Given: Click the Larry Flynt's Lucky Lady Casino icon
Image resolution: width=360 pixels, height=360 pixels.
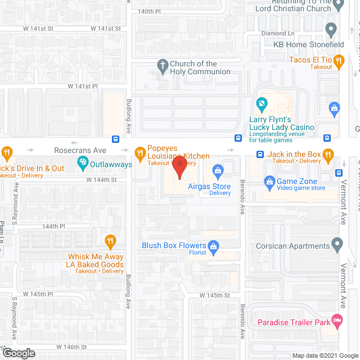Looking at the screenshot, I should tap(261, 104).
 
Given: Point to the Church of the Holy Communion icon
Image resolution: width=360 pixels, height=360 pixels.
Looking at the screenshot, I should tap(163, 65).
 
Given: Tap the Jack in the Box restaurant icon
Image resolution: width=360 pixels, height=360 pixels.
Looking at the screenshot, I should tap(329, 154).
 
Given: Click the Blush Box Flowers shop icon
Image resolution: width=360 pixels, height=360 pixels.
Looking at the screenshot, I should tap(213, 245).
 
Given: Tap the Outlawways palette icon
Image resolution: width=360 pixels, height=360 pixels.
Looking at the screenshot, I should tap(83, 164).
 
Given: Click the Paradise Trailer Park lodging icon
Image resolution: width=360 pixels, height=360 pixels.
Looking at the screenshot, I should tap(337, 319).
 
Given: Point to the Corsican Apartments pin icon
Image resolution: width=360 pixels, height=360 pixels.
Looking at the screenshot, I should tap(337, 245).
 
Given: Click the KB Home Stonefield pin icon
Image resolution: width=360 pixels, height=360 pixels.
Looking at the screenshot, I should tap(331, 29).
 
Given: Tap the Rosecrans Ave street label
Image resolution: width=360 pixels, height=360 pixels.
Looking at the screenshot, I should tap(80, 151).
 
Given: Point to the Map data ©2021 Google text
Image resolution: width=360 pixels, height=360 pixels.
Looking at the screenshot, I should tap(325, 355).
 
